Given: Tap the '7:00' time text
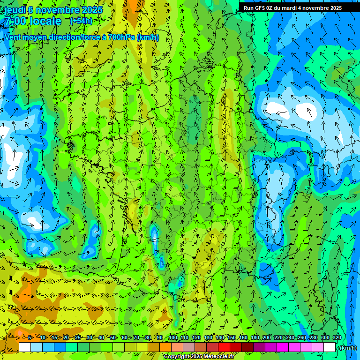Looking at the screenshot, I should (15, 21).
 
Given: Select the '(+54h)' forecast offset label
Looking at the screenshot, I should (81, 21).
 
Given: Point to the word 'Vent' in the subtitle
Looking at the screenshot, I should (14, 37).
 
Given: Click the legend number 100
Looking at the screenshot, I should (172, 337).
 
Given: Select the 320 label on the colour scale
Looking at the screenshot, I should (337, 337).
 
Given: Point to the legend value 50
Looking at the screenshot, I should (113, 337).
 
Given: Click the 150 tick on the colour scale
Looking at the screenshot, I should (232, 337).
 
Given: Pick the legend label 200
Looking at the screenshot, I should (267, 337).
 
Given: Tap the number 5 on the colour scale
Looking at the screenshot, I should (30, 337).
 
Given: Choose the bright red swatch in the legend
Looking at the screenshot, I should (224, 347).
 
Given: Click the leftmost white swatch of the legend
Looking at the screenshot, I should (24, 347).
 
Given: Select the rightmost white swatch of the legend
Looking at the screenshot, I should (330, 347).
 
